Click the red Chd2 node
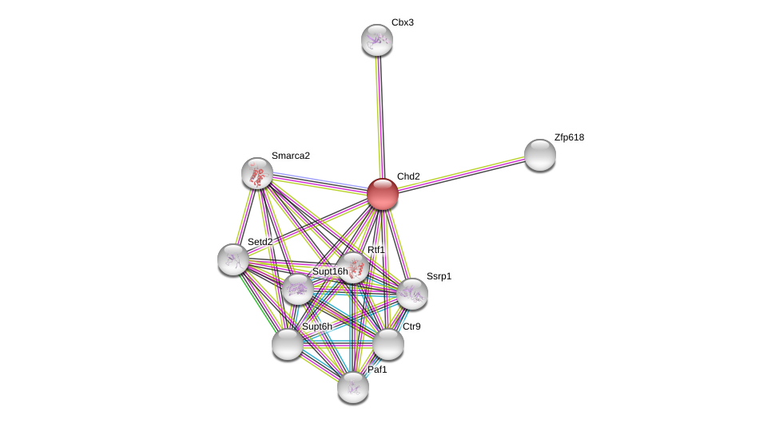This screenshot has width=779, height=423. tap(383, 194)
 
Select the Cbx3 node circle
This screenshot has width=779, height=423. tap(377, 40)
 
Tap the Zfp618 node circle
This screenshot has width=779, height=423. tap(540, 155)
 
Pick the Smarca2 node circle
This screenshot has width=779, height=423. tap(257, 173)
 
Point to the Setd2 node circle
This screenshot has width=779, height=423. tap(233, 259)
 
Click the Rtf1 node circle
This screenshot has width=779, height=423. tap(352, 267)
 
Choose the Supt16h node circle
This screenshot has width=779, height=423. tap(298, 289)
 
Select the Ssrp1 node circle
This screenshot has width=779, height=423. tap(412, 294)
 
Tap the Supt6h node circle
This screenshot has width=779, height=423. tap(288, 344)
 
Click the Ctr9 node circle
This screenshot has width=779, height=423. tap(388, 344)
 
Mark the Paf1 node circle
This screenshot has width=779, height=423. tap(353, 387)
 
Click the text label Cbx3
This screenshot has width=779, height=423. tap(403, 22)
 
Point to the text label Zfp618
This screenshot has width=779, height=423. tap(569, 137)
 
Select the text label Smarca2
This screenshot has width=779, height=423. tap(291, 156)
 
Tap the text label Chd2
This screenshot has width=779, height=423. tap(408, 176)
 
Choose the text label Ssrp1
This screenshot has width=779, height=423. tap(439, 276)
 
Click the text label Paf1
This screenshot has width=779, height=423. tap(377, 370)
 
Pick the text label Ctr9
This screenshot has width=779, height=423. tap(411, 326)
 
